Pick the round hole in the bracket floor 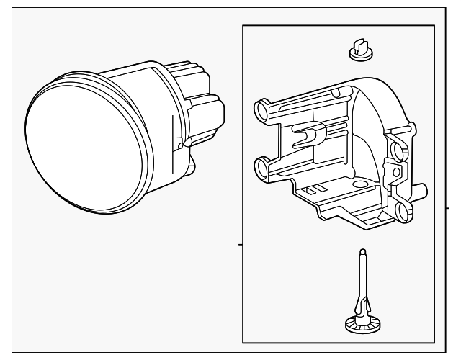point(360,186)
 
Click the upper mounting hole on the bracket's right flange point(395,150)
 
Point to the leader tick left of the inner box point(241,245)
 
